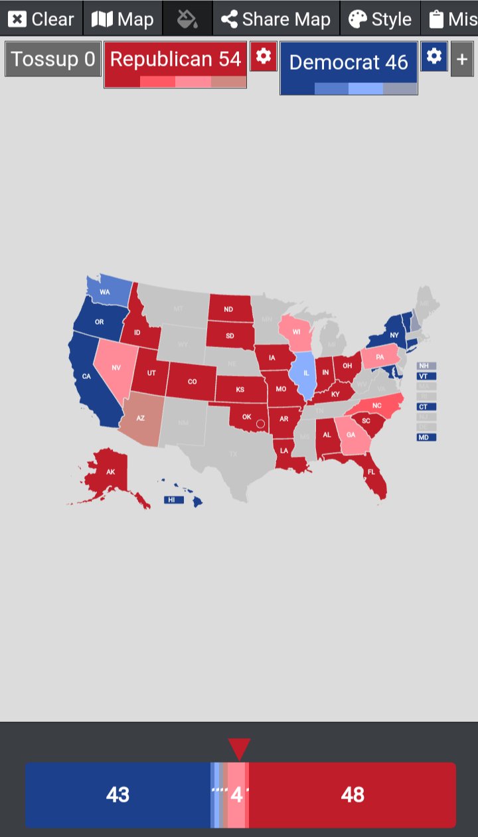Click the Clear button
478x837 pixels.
pos(41,19)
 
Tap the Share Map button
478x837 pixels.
pos(276,19)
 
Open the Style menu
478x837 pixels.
pos(380,19)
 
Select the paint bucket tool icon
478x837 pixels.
pos(187,19)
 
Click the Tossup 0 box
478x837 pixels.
pos(53,59)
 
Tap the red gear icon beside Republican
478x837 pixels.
pos(263,56)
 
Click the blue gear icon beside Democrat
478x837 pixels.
pos(434,56)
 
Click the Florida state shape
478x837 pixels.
pos(373,475)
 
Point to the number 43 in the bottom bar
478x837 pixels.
pos(118,795)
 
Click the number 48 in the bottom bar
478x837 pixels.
pos(352,795)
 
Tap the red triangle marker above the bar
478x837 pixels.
pos(239,749)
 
